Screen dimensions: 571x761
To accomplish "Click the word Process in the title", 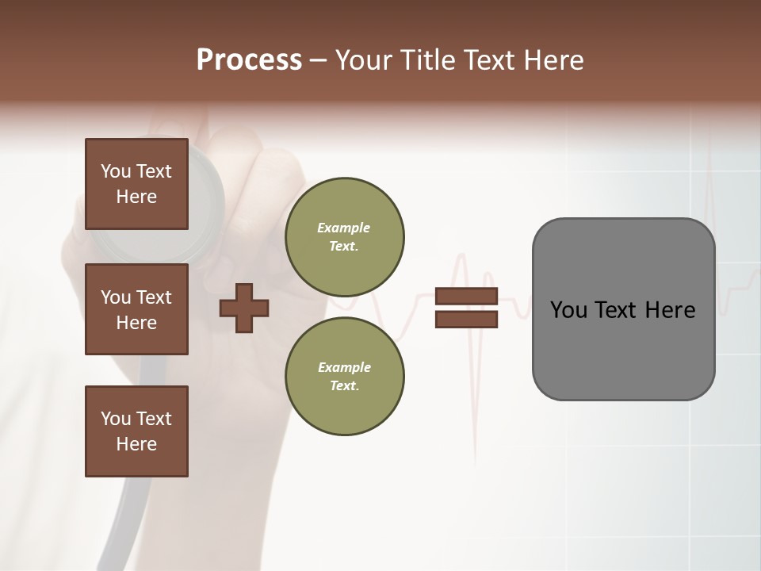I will click(x=249, y=60).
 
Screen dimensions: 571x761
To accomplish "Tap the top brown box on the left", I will click(x=136, y=184).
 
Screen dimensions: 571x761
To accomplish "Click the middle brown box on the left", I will click(x=136, y=309).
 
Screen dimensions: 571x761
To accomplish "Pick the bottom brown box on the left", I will click(x=136, y=431).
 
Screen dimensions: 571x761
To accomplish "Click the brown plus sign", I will click(x=244, y=308).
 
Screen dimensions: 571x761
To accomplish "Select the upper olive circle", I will click(x=344, y=237).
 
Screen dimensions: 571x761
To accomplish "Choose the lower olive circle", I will click(x=344, y=377).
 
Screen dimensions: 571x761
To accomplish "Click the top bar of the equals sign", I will click(x=466, y=297).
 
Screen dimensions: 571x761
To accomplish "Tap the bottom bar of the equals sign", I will click(x=466, y=319).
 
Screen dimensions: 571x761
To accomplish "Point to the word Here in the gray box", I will click(x=670, y=310).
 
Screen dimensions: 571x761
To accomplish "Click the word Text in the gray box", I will click(x=618, y=310).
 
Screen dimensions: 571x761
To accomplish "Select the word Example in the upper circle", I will click(x=344, y=228).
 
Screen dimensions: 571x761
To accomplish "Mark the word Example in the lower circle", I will click(x=344, y=367).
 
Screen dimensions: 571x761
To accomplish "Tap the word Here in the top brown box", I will click(x=136, y=197).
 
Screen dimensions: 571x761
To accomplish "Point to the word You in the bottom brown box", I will click(x=115, y=419).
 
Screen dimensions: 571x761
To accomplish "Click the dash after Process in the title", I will click(x=318, y=61).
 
